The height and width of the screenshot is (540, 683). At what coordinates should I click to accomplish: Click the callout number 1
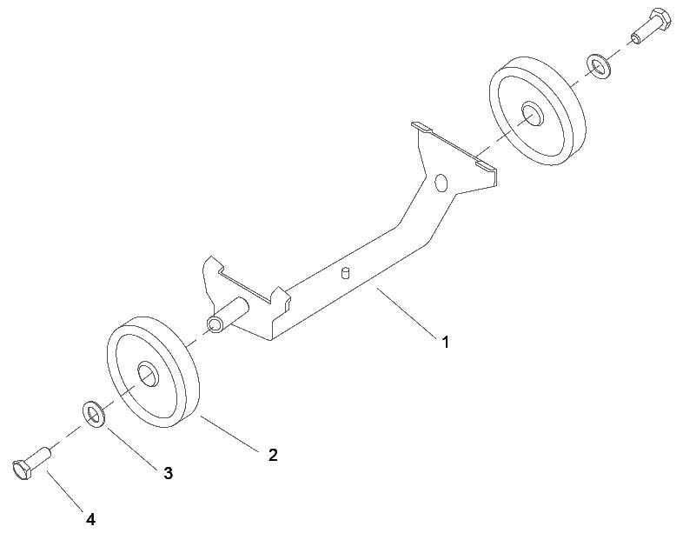click(x=445, y=342)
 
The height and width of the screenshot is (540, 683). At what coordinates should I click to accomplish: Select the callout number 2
click(x=273, y=455)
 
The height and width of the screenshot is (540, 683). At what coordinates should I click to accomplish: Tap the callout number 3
click(x=168, y=473)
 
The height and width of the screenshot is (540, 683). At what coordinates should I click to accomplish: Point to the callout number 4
click(x=90, y=519)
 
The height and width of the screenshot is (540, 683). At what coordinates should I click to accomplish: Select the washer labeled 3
click(x=94, y=414)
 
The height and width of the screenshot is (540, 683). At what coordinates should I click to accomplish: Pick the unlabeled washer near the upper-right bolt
click(x=600, y=66)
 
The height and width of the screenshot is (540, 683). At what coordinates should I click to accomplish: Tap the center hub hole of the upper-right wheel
click(x=532, y=114)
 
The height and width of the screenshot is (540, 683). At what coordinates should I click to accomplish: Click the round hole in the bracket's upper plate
click(x=441, y=183)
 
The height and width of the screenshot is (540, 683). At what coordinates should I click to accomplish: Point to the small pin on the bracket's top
click(x=346, y=274)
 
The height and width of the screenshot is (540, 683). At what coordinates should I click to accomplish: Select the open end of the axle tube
click(x=214, y=325)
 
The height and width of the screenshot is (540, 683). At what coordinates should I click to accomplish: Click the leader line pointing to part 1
click(x=407, y=312)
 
